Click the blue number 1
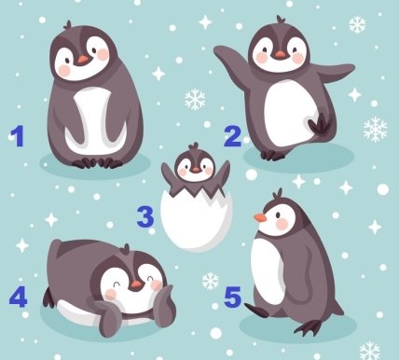(18, 136)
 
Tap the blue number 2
(232, 136)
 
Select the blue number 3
(145, 217)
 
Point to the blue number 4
(18, 297)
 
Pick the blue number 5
(233, 297)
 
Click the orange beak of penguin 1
(83, 60)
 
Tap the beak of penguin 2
(280, 55)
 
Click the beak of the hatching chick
(196, 170)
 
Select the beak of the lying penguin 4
(136, 284)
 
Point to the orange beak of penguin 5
(260, 218)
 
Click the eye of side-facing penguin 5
(278, 215)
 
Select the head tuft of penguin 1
(68, 24)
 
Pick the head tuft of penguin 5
(278, 194)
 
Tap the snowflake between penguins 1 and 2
(195, 100)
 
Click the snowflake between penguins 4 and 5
(211, 281)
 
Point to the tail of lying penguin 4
(48, 298)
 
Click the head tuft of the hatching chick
(194, 145)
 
